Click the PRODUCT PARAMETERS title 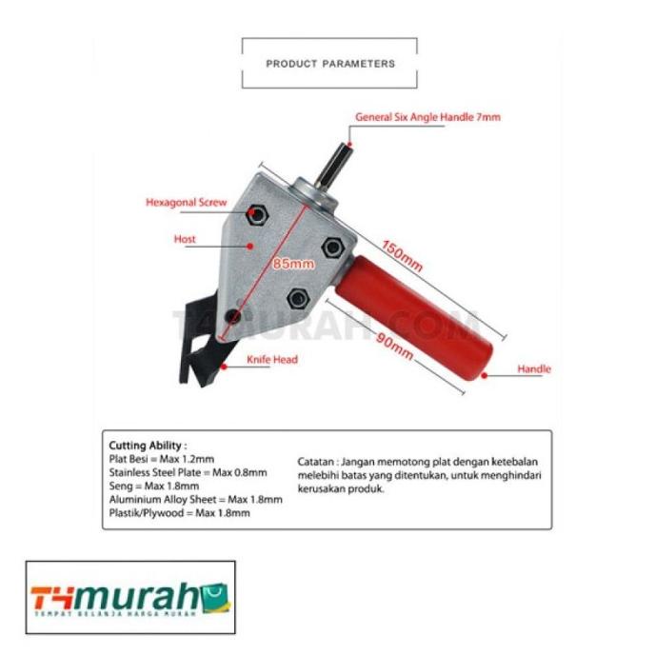[x=329, y=64]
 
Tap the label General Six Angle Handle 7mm [x=427, y=117]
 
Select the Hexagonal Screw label [x=186, y=202]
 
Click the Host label [x=185, y=239]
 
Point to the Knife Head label [x=272, y=360]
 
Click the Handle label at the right [x=533, y=368]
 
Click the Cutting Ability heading [x=148, y=445]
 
